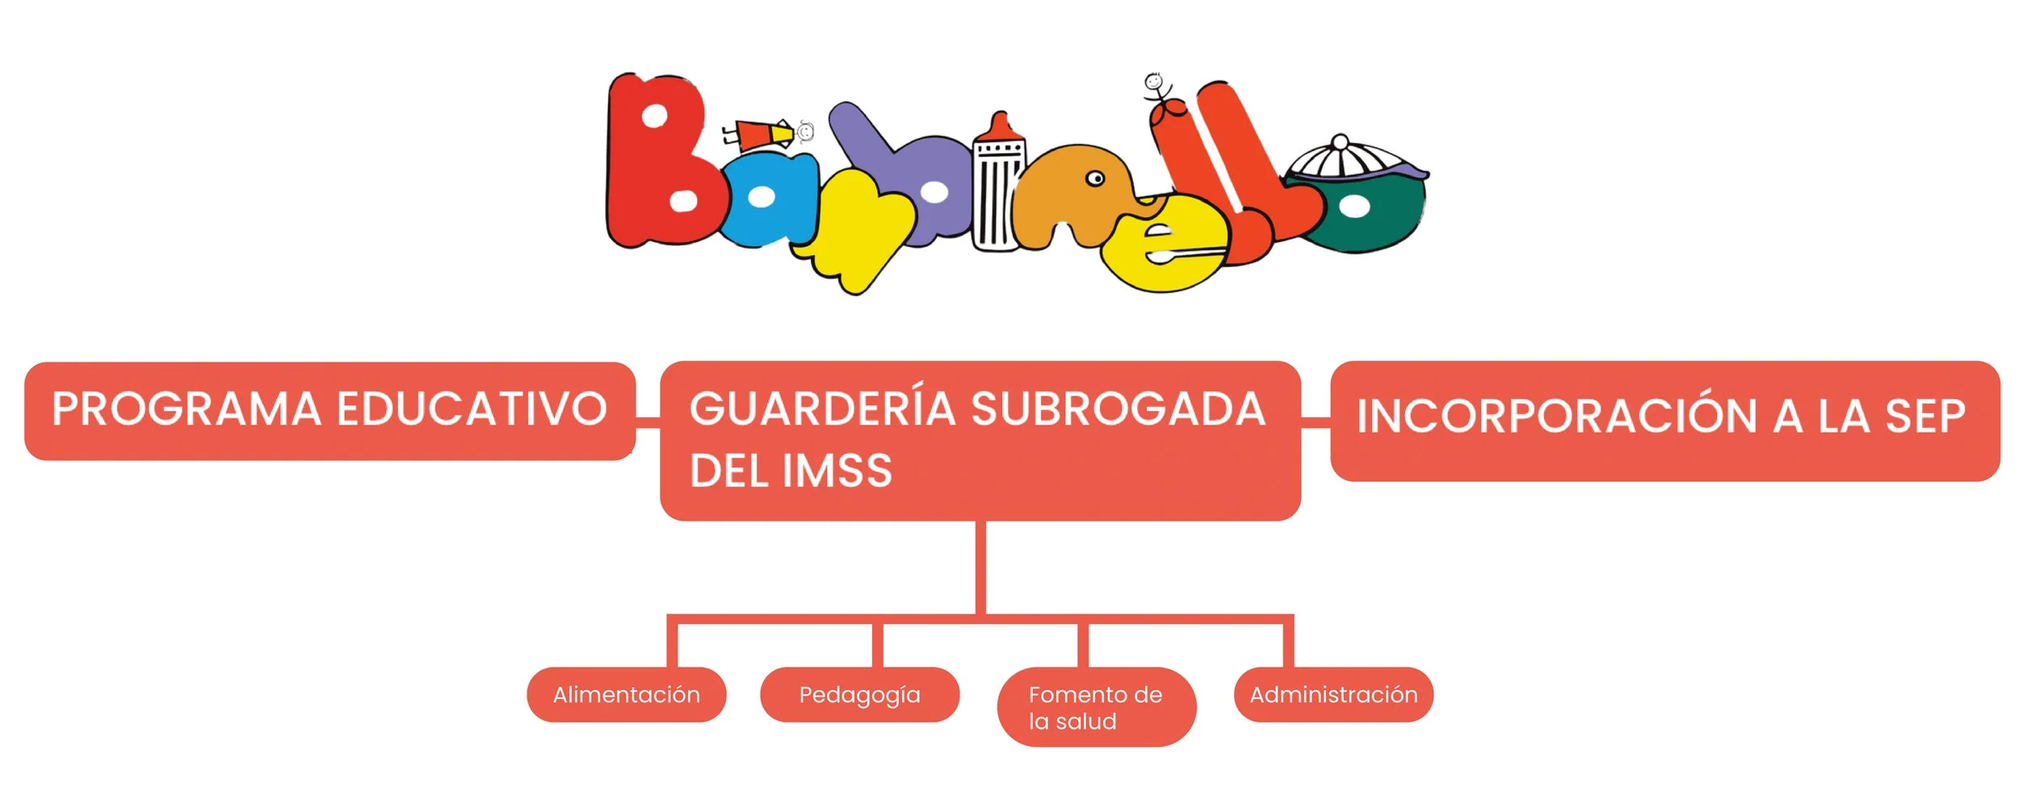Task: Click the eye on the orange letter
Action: (x=1095, y=178)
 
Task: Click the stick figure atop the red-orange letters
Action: (x=1156, y=89)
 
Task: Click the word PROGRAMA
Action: (x=187, y=408)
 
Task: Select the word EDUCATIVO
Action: (x=472, y=408)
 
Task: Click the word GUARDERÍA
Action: (x=822, y=408)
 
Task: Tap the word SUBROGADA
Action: (x=1118, y=408)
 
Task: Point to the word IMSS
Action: (x=837, y=471)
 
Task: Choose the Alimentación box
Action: (x=626, y=694)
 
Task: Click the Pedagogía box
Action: (x=859, y=694)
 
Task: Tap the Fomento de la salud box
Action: (x=1096, y=707)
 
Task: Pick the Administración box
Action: (x=1333, y=694)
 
